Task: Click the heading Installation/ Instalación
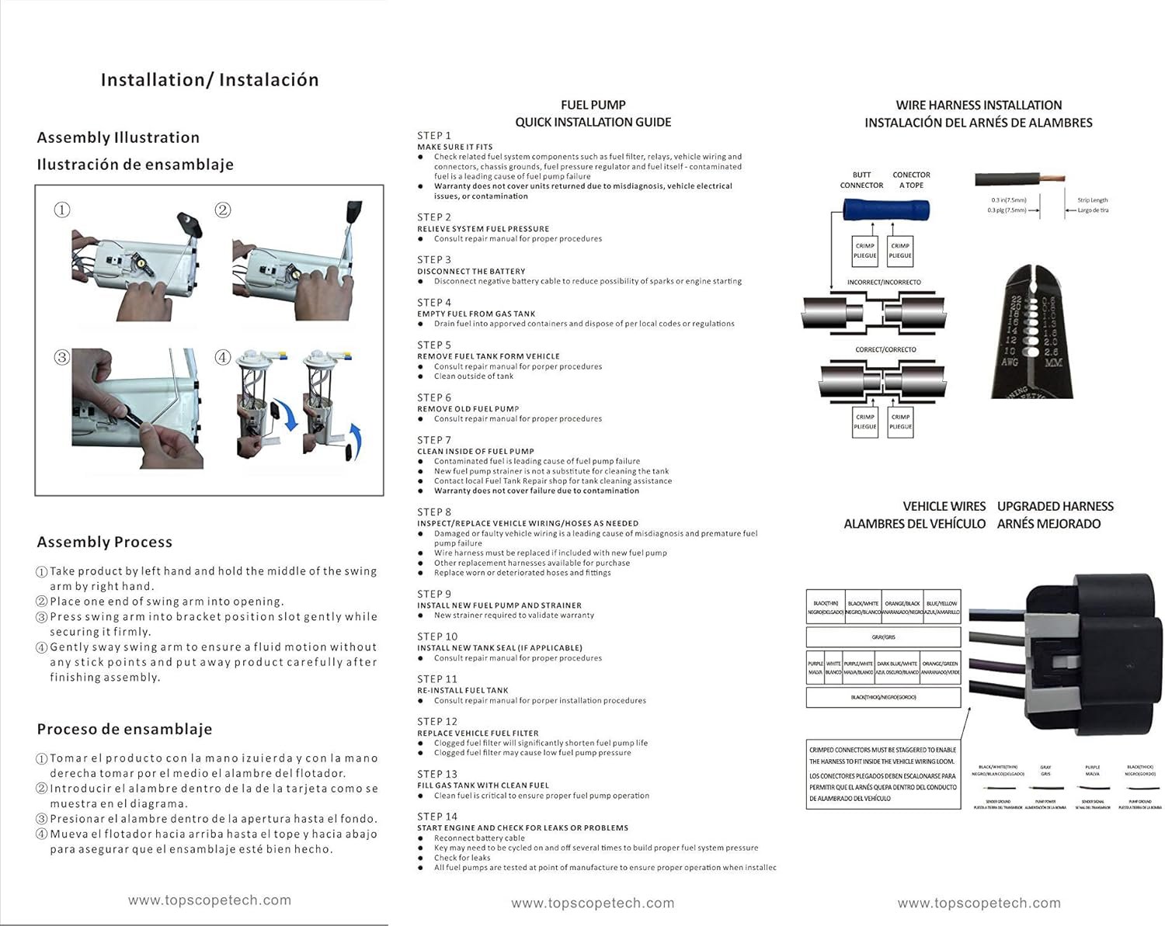[210, 80]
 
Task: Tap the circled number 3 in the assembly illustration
[62, 357]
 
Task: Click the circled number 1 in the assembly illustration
[62, 210]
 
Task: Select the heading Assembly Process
[105, 542]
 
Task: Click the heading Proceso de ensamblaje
[124, 729]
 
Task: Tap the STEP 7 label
[434, 439]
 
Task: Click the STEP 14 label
[437, 816]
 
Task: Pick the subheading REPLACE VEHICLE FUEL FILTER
[478, 733]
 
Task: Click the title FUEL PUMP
[593, 105]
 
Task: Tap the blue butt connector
[886, 209]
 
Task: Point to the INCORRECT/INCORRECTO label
[884, 283]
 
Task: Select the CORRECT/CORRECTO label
[885, 349]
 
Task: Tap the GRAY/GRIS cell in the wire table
[884, 637]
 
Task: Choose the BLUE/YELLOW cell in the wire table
[941, 608]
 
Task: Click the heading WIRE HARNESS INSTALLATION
[979, 105]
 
